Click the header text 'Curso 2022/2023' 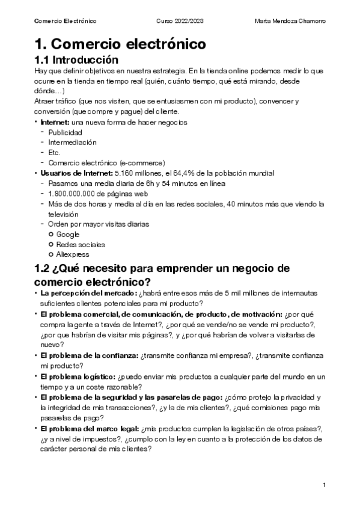click(x=180, y=21)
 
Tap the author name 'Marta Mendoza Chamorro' click(x=290, y=21)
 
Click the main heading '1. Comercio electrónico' click(x=120, y=44)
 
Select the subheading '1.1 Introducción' click(x=81, y=60)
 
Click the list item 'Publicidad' click(x=66, y=132)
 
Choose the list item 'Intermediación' click(x=72, y=143)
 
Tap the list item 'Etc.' click(x=55, y=153)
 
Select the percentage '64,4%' click(x=186, y=173)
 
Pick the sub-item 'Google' click(x=68, y=235)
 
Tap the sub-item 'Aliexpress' click(x=73, y=255)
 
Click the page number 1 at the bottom click(x=323, y=485)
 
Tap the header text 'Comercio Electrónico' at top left click(x=66, y=21)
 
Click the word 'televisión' click(x=64, y=214)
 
